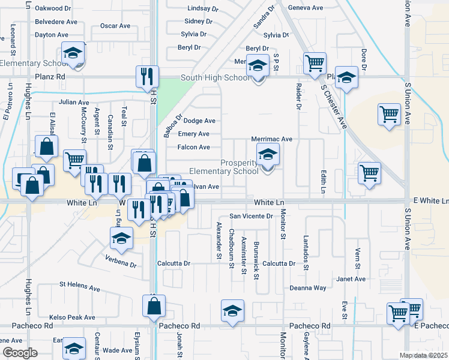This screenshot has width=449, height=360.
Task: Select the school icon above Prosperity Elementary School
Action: click(x=268, y=155)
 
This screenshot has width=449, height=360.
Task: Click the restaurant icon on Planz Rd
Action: click(x=147, y=76)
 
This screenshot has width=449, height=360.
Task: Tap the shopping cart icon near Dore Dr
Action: click(x=389, y=114)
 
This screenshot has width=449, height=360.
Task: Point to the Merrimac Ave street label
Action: click(x=271, y=139)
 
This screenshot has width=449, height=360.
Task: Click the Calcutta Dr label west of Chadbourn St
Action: click(x=173, y=263)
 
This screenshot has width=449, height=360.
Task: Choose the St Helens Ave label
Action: click(x=79, y=287)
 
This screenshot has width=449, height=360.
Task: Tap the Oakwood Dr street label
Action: click(x=53, y=8)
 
